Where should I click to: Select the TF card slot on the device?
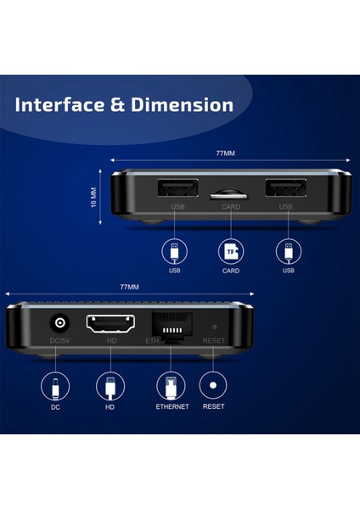(230, 193)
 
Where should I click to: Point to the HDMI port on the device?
(109, 323)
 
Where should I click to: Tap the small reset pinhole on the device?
(213, 325)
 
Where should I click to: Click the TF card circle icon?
(230, 251)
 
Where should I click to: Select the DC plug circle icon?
(56, 387)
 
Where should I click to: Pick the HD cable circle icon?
(110, 387)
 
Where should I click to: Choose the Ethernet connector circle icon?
(171, 387)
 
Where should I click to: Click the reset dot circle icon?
(213, 387)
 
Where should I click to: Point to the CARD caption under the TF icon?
(230, 271)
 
